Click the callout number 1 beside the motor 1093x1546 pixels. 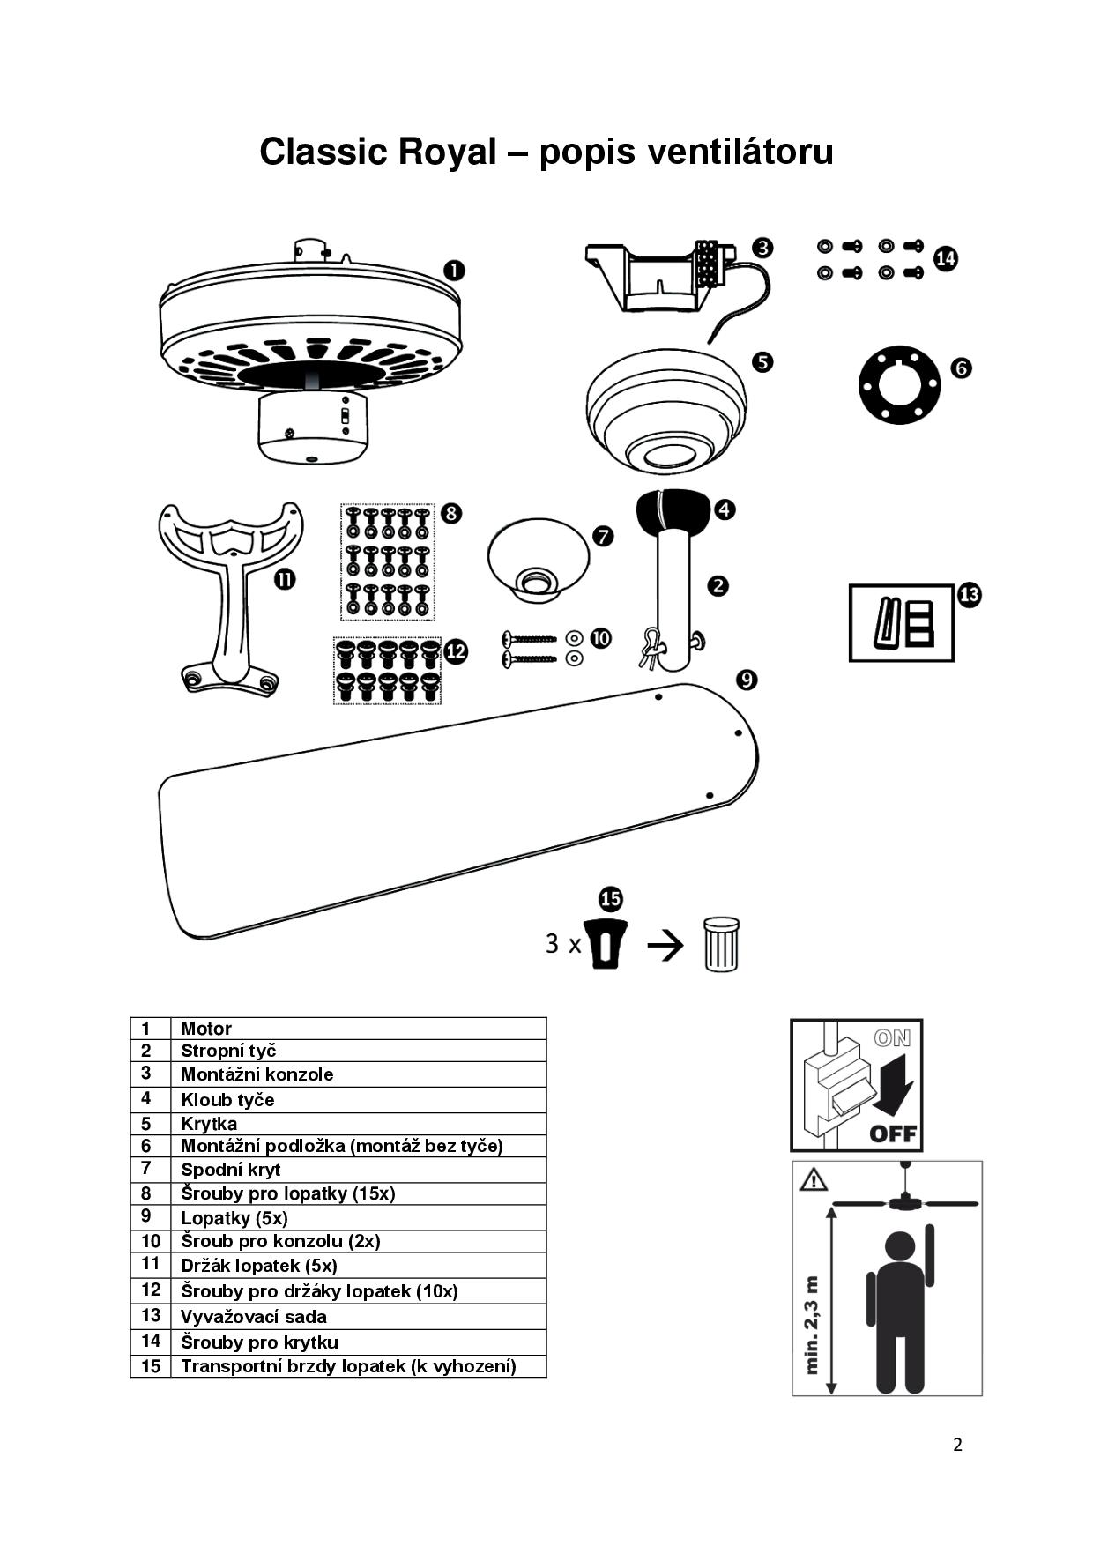[453, 271]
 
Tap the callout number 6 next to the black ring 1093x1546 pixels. [962, 368]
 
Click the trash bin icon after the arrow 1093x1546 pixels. [721, 945]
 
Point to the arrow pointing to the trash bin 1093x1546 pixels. [665, 947]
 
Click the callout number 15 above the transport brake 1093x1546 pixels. [611, 899]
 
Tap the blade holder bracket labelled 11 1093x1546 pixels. [231, 598]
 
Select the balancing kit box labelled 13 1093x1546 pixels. [901, 623]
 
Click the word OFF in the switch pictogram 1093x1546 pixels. [892, 1133]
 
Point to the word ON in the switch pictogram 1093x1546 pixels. [892, 1038]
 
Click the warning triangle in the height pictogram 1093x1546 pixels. [814, 1178]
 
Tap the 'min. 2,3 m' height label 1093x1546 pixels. [813, 1325]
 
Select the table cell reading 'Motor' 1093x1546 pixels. [206, 1029]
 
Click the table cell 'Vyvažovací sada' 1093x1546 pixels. [254, 1317]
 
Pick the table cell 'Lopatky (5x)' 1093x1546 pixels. [234, 1218]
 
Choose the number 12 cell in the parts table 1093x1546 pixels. [151, 1290]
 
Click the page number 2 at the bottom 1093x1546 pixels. [957, 1445]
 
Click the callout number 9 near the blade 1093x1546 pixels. [747, 680]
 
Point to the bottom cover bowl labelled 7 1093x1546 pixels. [538, 561]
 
